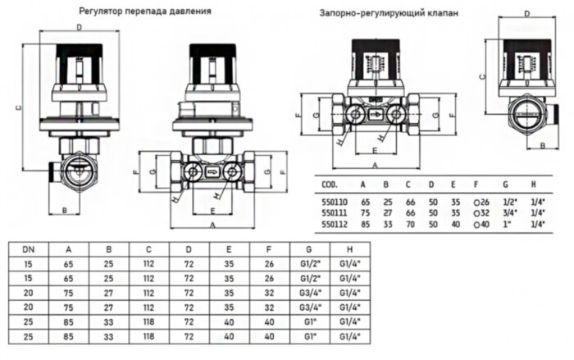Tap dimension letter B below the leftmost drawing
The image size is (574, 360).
click(x=64, y=211)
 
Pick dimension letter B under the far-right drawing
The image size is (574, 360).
click(x=542, y=144)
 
